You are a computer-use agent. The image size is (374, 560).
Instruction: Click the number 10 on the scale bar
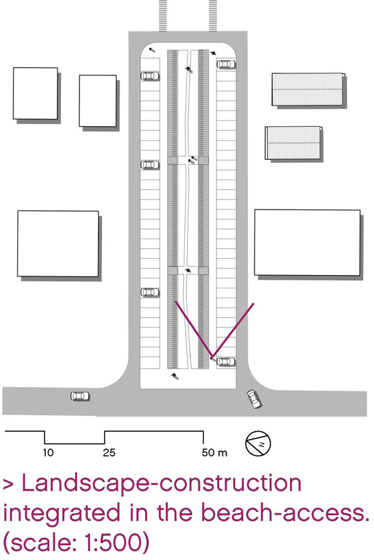tap(48, 453)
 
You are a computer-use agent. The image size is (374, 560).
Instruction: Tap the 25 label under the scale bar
tap(109, 453)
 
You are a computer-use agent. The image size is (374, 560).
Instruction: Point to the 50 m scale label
tap(214, 453)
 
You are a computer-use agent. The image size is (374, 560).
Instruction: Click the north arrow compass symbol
tap(258, 444)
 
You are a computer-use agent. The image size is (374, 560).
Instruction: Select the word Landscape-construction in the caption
tap(162, 483)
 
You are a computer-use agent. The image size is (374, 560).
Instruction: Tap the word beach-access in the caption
tap(283, 513)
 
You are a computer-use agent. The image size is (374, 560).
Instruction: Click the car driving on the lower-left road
tap(80, 396)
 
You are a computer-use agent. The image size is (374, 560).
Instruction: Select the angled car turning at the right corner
tap(254, 399)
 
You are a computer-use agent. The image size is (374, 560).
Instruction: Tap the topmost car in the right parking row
tap(226, 64)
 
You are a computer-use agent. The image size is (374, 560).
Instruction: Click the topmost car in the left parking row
tap(150, 76)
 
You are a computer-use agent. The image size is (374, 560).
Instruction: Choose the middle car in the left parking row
tap(150, 165)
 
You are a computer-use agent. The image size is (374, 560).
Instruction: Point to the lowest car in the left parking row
tap(150, 292)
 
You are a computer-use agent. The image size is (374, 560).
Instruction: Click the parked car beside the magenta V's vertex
tap(226, 361)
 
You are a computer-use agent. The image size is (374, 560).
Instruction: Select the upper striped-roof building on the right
tap(309, 89)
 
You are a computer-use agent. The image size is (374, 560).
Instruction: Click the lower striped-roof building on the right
tap(293, 142)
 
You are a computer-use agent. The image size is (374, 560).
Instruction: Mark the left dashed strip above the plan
tap(163, 16)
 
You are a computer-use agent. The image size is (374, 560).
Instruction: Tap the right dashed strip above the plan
tap(213, 16)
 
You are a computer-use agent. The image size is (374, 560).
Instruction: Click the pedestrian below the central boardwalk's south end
tap(174, 376)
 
